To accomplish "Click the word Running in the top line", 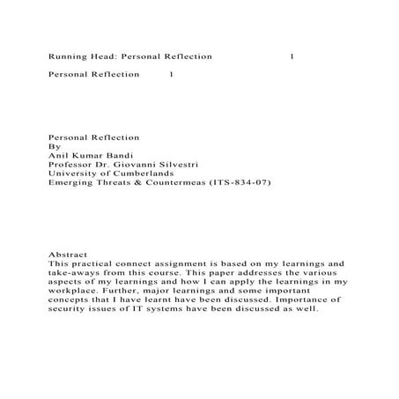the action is coord(66,55).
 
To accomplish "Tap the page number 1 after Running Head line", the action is coord(292,55).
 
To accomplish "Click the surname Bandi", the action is coord(124,151).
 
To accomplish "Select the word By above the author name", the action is coord(53,141).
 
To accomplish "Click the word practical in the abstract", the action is coord(97,263).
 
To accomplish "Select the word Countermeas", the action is coord(183,183).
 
